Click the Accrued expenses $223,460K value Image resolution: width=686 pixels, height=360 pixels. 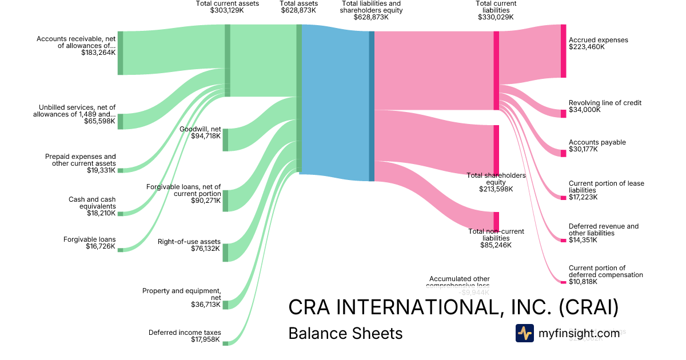pos(587,47)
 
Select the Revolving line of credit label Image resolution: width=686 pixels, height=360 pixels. pos(605,103)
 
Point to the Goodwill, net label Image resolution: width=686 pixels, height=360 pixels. pos(200,129)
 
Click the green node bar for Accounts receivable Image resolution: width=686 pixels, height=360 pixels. pos(120,53)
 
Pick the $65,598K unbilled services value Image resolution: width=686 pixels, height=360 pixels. pos(99,121)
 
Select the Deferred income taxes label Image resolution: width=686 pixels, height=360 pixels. pos(185,333)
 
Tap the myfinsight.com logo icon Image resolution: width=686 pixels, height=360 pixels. pos(525,333)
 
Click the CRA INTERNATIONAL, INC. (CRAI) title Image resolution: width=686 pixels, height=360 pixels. pos(453,307)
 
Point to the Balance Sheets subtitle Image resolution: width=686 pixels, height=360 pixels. pos(345,333)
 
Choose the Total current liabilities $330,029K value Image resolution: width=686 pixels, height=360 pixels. pos(496,17)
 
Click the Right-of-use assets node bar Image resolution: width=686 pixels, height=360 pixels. pos(225,253)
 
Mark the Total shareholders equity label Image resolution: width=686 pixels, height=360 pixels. pos(496,179)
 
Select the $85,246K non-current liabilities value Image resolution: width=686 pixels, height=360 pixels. pos(496,245)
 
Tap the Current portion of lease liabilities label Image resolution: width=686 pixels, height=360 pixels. pos(606,187)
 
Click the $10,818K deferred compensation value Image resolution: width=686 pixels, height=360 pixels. pos(583,282)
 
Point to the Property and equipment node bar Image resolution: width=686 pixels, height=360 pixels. pos(225,305)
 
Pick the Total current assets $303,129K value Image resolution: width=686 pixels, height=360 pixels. pos(227,10)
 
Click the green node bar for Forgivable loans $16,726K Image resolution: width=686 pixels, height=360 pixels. pos(120,250)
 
